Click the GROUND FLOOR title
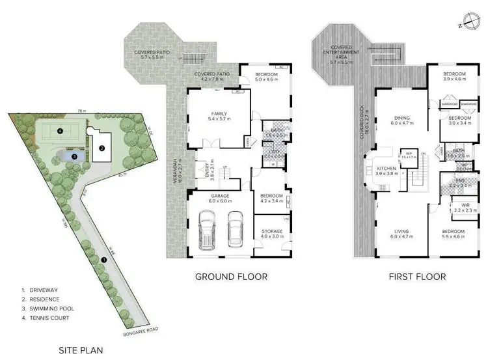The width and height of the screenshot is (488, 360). click(x=231, y=277)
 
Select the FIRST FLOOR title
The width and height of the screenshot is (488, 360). click(x=417, y=277)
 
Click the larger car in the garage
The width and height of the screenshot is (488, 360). click(x=208, y=231)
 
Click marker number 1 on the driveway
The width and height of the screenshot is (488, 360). click(x=103, y=260)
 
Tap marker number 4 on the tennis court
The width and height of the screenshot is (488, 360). click(x=59, y=132)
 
